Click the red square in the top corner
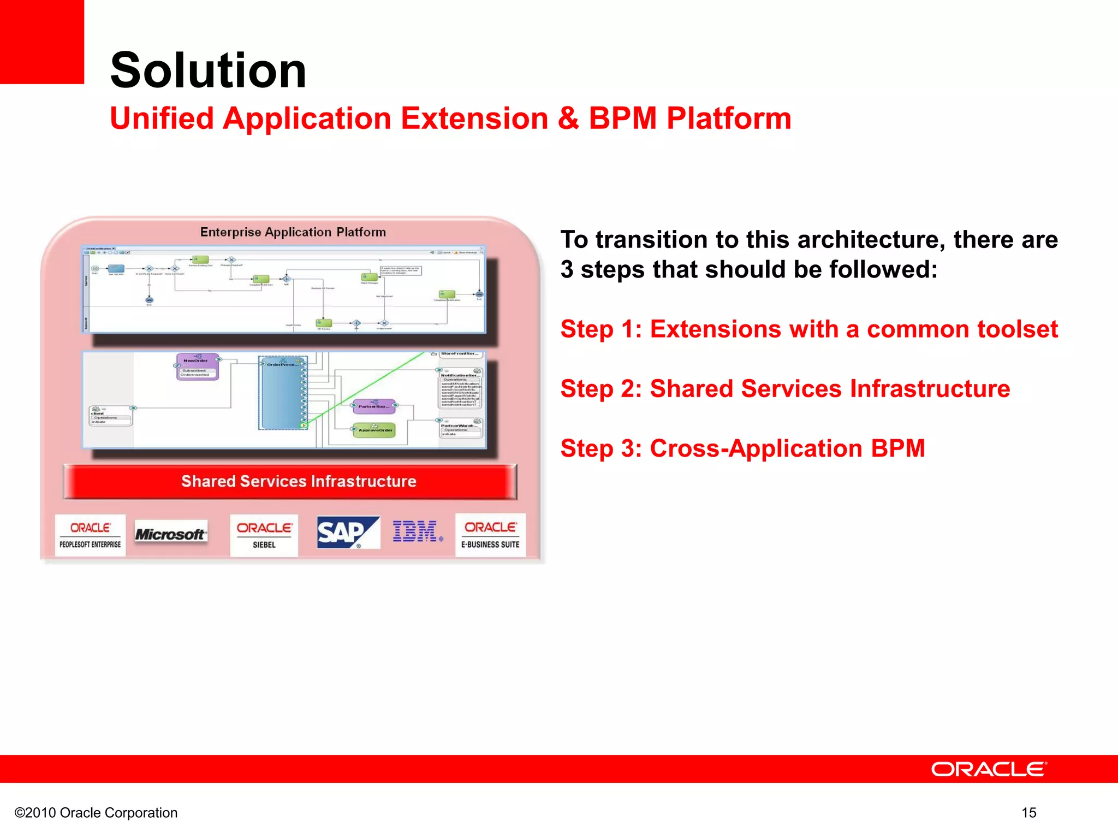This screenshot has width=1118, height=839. tap(41, 42)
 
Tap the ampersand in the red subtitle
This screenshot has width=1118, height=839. tap(568, 118)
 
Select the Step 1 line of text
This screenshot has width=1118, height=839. tap(808, 329)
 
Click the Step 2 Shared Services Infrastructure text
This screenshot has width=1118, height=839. tap(784, 388)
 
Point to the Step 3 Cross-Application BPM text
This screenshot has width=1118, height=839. tap(742, 448)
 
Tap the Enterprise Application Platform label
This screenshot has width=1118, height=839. tap(293, 232)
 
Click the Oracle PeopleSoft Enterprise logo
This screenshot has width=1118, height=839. tap(90, 535)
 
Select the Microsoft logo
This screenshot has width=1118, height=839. tap(170, 534)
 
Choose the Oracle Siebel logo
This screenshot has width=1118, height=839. tap(264, 535)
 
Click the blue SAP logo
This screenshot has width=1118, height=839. tap(347, 533)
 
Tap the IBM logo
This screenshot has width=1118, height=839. tap(416, 531)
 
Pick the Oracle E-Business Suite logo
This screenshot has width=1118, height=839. tap(490, 535)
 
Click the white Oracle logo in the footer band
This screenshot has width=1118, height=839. tap(989, 769)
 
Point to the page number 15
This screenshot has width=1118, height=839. tap(1028, 813)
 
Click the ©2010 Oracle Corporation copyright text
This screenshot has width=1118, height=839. tap(96, 813)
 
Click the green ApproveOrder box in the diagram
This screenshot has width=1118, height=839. tap(374, 430)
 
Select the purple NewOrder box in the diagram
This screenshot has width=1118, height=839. tap(197, 366)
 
